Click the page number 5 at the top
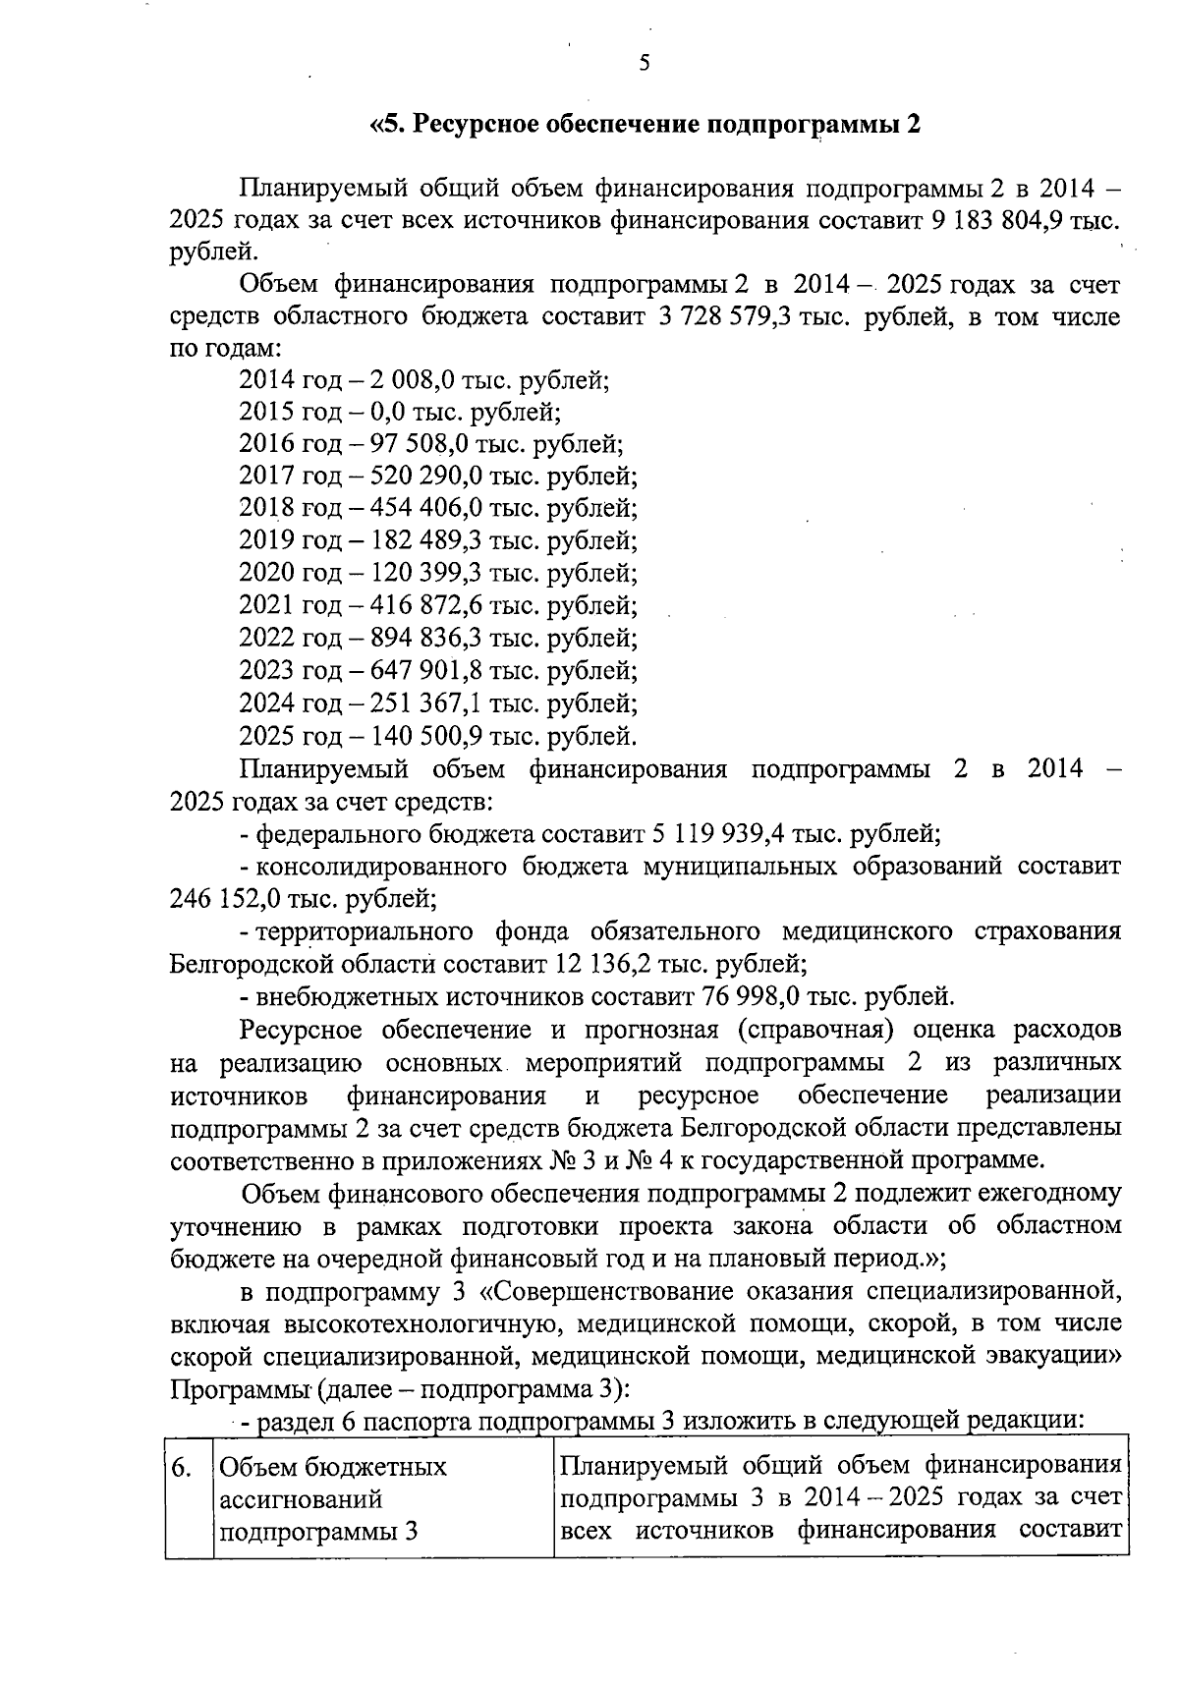coord(644,65)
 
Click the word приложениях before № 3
coord(460,1160)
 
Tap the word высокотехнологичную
coord(422,1323)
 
